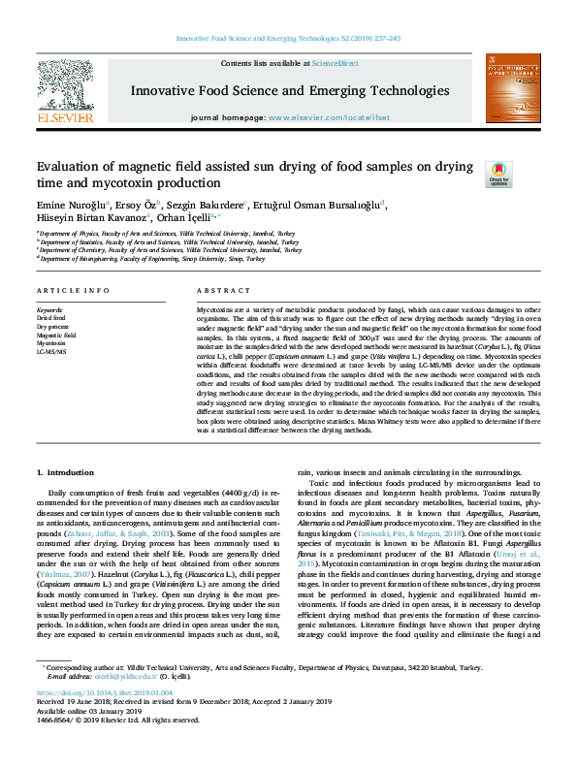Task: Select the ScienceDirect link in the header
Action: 337,63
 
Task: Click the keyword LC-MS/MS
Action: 51,352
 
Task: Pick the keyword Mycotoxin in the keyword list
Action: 51,343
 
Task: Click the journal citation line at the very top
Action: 288,39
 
